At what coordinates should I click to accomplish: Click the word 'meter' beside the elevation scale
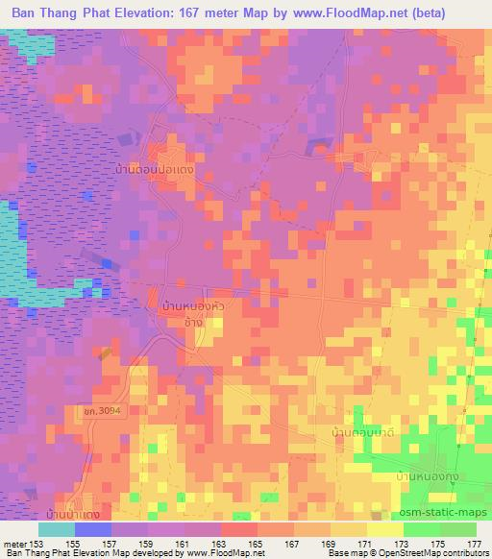[14, 543]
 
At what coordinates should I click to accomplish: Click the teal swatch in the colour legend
[57, 529]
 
